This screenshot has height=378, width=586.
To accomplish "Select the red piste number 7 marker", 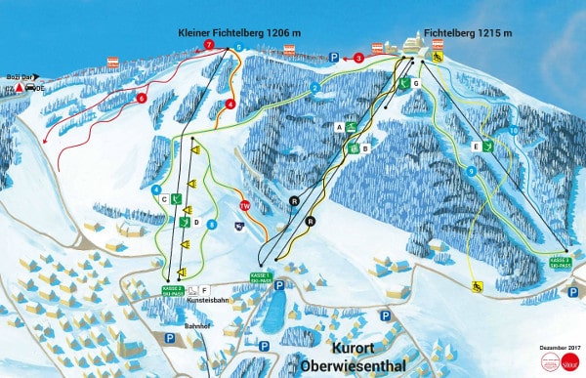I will click(x=208, y=45).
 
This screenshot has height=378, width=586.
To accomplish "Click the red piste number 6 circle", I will click(x=142, y=98).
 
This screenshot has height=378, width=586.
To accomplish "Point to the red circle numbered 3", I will click(x=358, y=59).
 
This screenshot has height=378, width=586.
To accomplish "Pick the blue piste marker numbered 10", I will click(x=514, y=130).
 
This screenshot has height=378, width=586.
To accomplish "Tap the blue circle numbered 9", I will click(x=471, y=172).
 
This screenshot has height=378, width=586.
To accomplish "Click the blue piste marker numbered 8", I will click(x=212, y=225).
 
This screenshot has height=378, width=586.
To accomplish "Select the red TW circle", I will click(x=245, y=204).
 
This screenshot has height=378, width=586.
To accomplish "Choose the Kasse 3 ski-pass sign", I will click(x=559, y=262).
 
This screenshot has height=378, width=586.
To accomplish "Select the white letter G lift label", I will click(x=415, y=85).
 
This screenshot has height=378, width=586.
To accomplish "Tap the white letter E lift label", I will click(x=475, y=146).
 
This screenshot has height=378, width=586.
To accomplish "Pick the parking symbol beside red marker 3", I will click(x=334, y=59).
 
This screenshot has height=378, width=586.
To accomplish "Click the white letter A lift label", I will click(x=339, y=126).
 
